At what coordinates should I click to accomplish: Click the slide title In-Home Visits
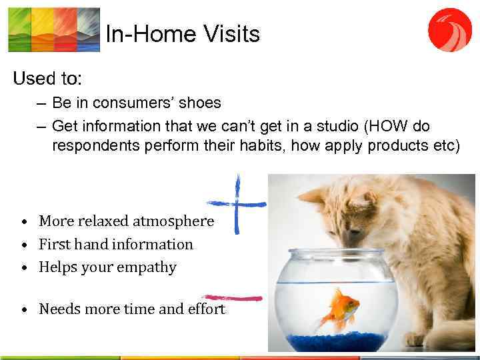point(182,33)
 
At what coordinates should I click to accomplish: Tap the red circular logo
point(449,30)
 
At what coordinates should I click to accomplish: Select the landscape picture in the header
point(54,29)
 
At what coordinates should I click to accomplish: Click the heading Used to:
point(47,79)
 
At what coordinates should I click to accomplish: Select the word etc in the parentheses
point(442,147)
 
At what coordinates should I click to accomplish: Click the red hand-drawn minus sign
point(233,298)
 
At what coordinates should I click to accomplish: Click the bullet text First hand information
point(115,244)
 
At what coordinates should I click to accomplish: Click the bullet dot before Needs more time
point(23,309)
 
